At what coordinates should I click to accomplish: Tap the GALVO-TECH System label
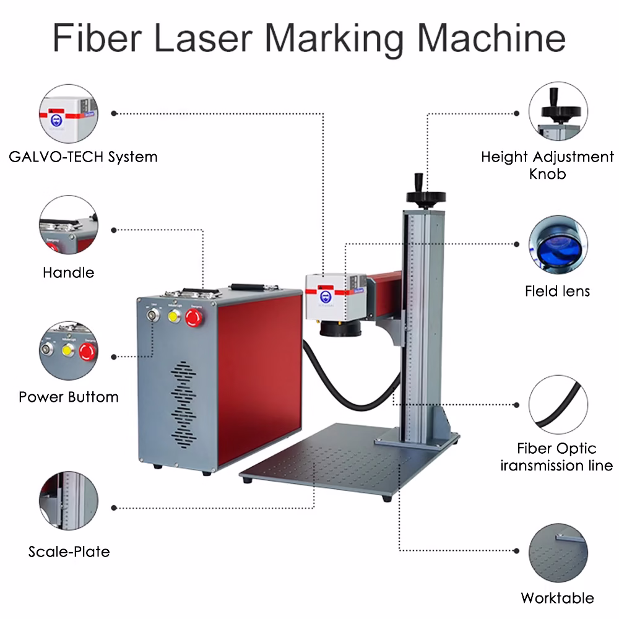tap(84, 157)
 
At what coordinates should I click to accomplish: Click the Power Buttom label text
tap(69, 397)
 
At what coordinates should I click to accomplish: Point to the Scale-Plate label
tap(69, 551)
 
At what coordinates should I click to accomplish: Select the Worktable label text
tap(557, 597)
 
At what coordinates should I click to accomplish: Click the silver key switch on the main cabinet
tap(151, 315)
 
